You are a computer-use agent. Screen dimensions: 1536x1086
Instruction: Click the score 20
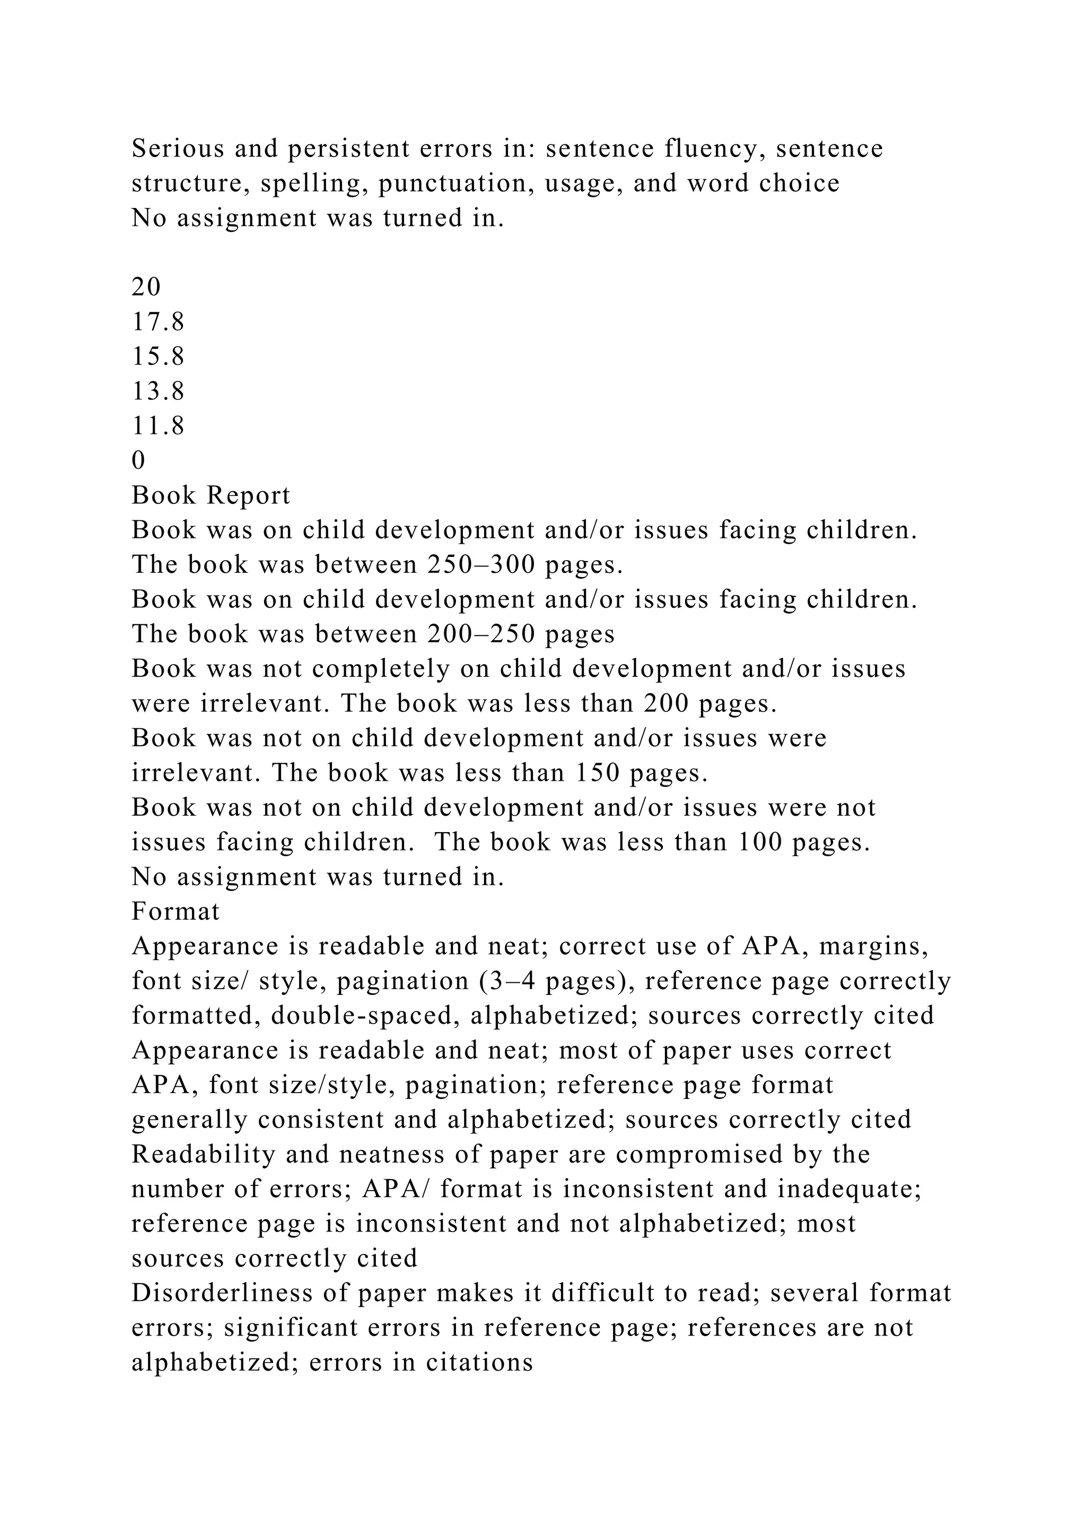(x=146, y=287)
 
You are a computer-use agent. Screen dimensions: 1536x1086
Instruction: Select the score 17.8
(x=158, y=322)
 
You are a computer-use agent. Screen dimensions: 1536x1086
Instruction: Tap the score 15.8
(x=158, y=356)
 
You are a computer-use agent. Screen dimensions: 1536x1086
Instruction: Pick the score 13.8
(x=158, y=391)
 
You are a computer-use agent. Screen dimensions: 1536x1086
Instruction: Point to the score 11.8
(x=158, y=426)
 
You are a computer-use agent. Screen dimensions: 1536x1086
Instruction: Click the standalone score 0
(x=138, y=460)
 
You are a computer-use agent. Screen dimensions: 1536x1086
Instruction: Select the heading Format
(x=176, y=911)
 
